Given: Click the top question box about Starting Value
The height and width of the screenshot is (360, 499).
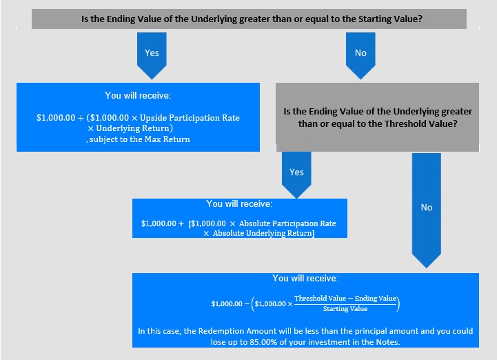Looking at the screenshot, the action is click(x=249, y=19).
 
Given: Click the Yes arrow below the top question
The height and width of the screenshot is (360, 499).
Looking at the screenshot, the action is click(x=152, y=55).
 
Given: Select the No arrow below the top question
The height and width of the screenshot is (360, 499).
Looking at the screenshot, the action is click(x=360, y=55).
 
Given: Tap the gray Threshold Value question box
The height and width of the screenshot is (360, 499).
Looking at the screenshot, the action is click(x=377, y=117).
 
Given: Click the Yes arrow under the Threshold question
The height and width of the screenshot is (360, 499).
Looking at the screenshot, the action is click(x=296, y=174).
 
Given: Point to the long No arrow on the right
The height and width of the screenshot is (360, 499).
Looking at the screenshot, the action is click(x=427, y=210).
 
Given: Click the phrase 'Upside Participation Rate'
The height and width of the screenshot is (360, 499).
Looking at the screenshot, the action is click(x=190, y=118).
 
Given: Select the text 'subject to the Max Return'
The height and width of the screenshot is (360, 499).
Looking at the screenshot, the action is click(x=139, y=139).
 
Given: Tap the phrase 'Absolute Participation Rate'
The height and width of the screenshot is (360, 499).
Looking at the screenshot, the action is click(x=287, y=223).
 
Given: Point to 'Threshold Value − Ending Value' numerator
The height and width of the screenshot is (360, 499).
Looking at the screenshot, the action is click(x=345, y=298).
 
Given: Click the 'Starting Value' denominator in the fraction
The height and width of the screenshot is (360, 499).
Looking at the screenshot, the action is click(x=345, y=309).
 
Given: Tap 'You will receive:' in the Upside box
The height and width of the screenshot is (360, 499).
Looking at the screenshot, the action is click(x=138, y=95).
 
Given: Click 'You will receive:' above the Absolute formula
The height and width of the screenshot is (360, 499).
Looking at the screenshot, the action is click(x=239, y=203).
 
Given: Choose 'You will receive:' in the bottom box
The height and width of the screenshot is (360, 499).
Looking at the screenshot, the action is click(x=305, y=279).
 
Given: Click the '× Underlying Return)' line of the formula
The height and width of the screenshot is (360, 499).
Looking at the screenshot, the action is click(x=130, y=128).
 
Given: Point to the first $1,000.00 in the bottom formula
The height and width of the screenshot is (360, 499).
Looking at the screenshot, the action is click(x=227, y=303).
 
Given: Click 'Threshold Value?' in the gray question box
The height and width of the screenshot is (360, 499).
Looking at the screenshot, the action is click(x=420, y=124).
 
